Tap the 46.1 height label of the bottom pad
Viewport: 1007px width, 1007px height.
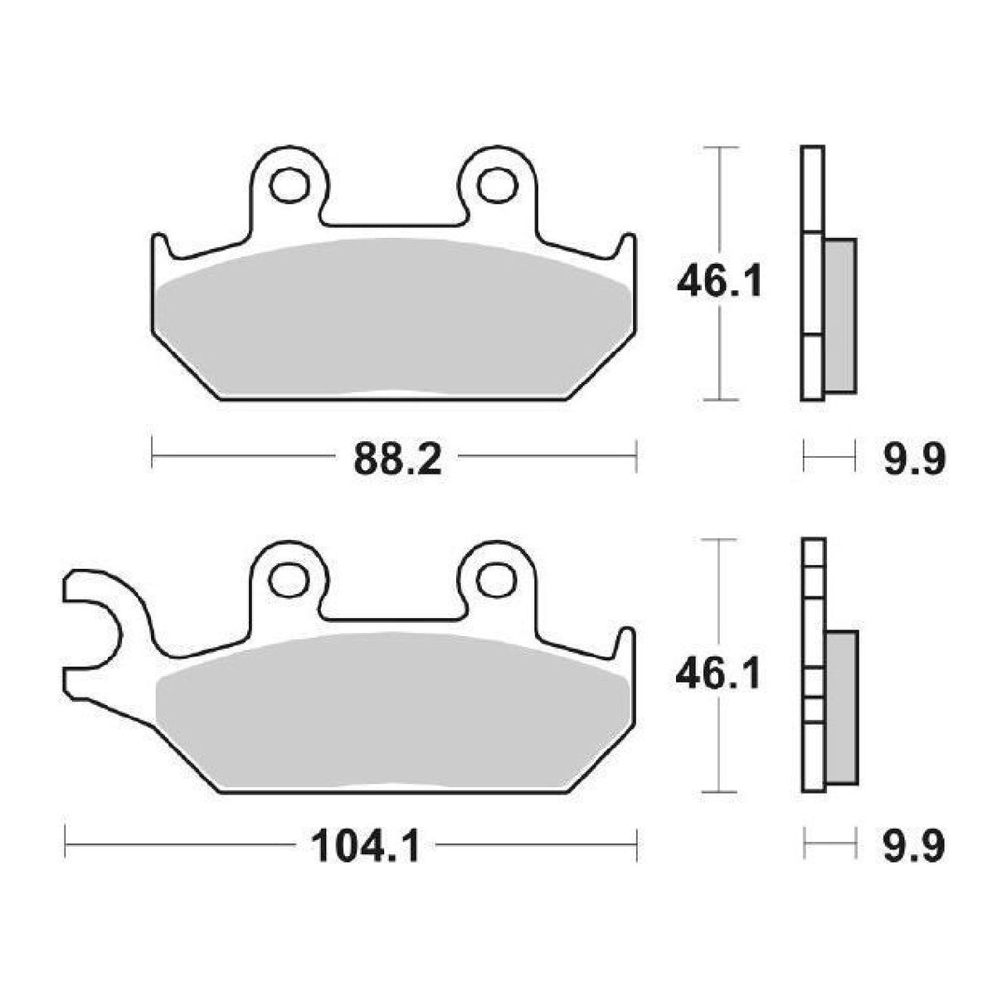click(x=718, y=676)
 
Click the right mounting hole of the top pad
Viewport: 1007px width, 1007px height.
click(x=497, y=185)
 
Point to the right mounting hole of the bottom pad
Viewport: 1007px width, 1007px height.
click(x=497, y=576)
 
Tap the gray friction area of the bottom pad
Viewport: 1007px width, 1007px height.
click(x=394, y=713)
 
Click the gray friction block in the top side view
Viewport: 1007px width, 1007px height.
click(x=841, y=315)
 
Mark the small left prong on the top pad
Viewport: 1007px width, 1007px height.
click(x=160, y=249)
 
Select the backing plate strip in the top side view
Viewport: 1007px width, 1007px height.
click(x=813, y=274)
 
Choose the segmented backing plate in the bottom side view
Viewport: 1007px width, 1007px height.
click(x=813, y=664)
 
